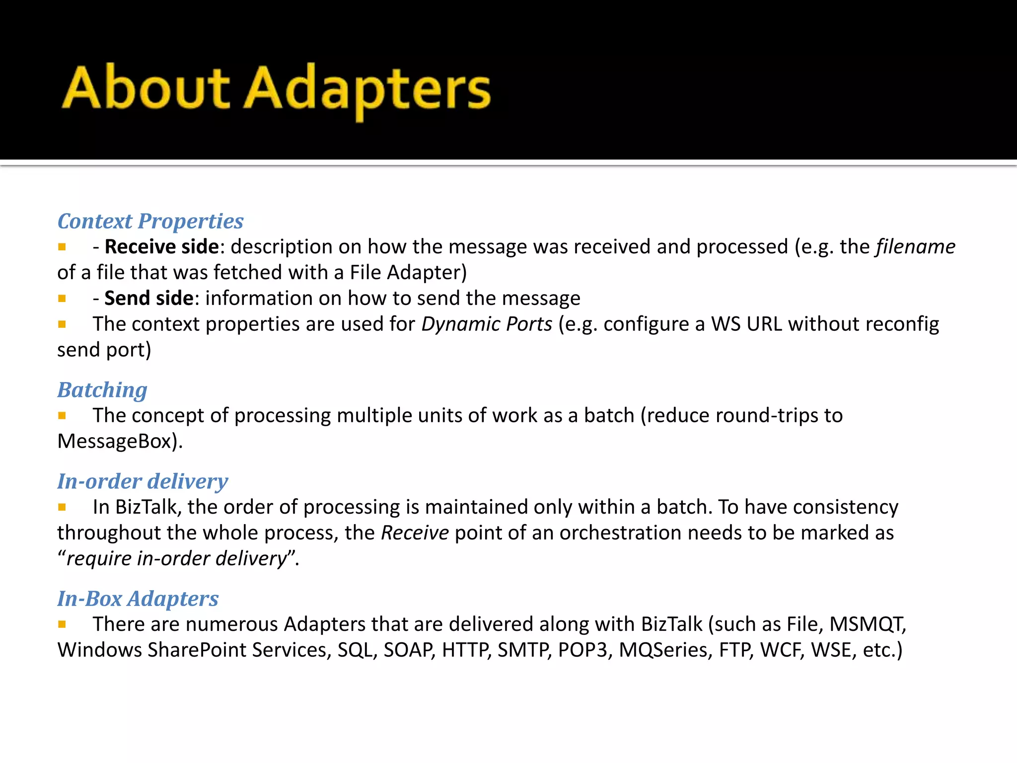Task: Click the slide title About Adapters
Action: click(276, 89)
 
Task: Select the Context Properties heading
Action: click(150, 221)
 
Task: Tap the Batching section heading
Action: click(102, 390)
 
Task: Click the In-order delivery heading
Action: click(143, 481)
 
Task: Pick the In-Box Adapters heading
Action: click(138, 599)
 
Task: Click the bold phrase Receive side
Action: click(161, 247)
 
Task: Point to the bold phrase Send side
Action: click(148, 299)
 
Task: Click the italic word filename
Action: click(915, 247)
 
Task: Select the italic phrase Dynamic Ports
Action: click(487, 324)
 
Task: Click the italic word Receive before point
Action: click(415, 533)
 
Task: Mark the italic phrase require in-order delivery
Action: click(177, 559)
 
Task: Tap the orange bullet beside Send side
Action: click(62, 299)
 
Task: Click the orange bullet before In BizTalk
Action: click(62, 507)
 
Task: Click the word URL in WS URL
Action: click(764, 324)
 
